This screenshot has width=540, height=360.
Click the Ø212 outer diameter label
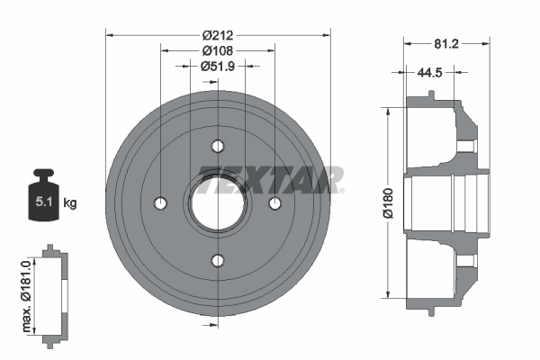(218, 35)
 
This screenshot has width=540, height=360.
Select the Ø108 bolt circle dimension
(218, 50)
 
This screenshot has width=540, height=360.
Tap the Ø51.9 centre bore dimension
(218, 66)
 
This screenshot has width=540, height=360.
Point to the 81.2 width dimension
(446, 44)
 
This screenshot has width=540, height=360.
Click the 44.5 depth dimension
(429, 72)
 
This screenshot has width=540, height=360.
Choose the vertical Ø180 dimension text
(388, 202)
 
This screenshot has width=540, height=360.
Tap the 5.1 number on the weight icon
(44, 202)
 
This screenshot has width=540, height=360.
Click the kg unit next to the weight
(70, 202)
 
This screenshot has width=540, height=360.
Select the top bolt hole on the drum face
(218, 146)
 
